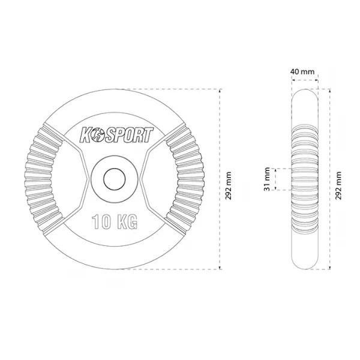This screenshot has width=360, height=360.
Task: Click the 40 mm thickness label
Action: pyautogui.click(x=302, y=71)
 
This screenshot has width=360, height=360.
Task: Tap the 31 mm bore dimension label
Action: pyautogui.click(x=267, y=179)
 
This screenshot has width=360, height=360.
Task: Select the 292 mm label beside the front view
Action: pyautogui.click(x=228, y=185)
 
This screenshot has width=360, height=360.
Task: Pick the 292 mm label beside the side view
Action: pyautogui.click(x=338, y=185)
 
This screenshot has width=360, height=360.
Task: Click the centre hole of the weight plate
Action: pyautogui.click(x=115, y=179)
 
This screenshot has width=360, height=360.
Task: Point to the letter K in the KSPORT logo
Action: pyautogui.click(x=85, y=135)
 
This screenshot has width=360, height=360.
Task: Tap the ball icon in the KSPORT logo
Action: pyautogui.click(x=96, y=136)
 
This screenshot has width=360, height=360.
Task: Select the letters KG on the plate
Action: pyautogui.click(x=127, y=221)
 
